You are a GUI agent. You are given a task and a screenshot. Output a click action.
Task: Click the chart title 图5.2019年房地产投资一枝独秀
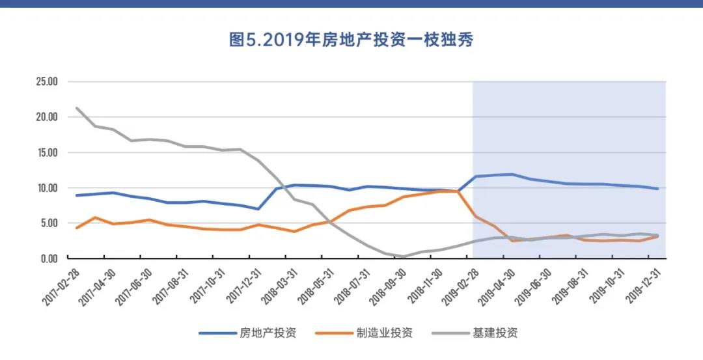(x=351, y=40)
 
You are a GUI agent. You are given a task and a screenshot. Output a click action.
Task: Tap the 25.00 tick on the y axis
(x=47, y=82)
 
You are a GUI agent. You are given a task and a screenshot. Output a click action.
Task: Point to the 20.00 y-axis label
(x=47, y=117)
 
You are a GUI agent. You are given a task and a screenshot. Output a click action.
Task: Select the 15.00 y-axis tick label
(x=47, y=152)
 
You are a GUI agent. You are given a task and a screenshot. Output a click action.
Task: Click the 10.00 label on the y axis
(x=47, y=188)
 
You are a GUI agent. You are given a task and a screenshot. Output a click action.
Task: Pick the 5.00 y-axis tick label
(x=49, y=223)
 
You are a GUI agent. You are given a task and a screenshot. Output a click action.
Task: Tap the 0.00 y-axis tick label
(x=49, y=258)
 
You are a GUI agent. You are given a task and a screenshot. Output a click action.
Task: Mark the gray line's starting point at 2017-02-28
(x=77, y=108)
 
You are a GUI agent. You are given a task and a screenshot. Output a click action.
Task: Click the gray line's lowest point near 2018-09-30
(x=404, y=256)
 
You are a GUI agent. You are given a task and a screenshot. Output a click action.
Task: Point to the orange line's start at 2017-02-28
(x=77, y=228)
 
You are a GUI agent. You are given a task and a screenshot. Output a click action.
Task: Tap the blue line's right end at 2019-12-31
(x=658, y=189)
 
